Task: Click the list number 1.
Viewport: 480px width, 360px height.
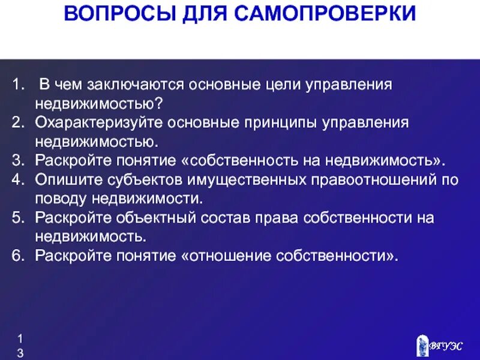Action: point(17,85)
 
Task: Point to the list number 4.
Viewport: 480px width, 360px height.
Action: point(17,179)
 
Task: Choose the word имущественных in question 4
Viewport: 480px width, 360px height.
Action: point(236,179)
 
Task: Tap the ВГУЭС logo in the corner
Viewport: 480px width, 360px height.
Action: point(440,345)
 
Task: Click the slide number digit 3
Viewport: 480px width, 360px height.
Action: point(20,354)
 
